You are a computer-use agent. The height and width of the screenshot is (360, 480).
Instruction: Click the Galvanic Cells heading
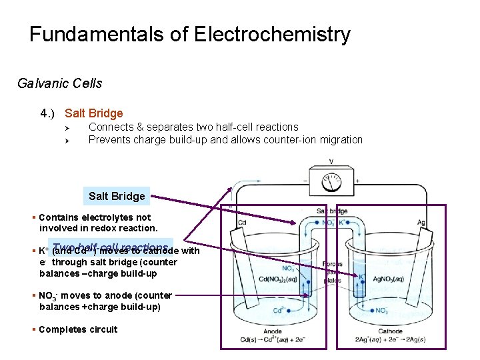pyautogui.click(x=60, y=83)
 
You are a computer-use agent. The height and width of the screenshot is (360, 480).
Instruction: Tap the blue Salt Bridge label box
pyautogui.click(x=117, y=196)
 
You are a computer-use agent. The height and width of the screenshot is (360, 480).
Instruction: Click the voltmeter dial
pyautogui.click(x=331, y=181)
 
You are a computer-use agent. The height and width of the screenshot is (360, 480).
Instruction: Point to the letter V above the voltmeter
pyautogui.click(x=331, y=162)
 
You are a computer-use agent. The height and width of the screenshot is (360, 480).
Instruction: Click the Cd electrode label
pyautogui.click(x=243, y=223)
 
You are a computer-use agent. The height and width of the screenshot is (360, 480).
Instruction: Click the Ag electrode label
pyautogui.click(x=421, y=223)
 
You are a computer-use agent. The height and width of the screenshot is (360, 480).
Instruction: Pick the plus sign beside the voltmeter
pyautogui.click(x=357, y=181)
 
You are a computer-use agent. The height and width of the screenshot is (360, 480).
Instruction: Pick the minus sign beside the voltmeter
pyautogui.click(x=306, y=181)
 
